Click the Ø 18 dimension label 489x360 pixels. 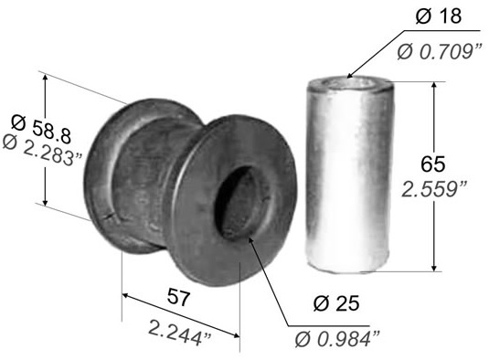coord(439,16)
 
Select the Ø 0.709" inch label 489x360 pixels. coord(440,51)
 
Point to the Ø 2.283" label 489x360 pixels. coord(43,150)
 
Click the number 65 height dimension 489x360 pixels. coord(432,164)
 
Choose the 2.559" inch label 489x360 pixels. coord(434,189)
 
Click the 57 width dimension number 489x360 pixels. coord(178,297)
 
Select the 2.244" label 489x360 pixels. coord(180,333)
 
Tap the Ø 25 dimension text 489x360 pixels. coord(336,303)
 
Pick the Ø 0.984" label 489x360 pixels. coord(337,338)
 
